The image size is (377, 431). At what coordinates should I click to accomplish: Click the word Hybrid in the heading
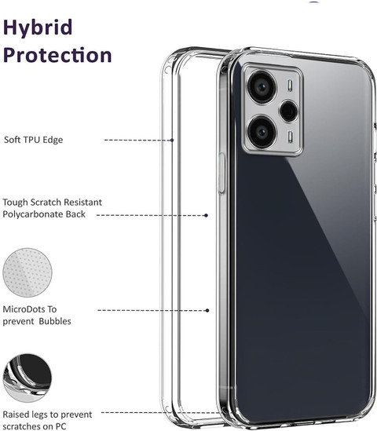tap(38, 28)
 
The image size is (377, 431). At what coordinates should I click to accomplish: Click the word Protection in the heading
tap(57, 55)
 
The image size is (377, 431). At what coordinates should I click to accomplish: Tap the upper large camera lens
tap(262, 87)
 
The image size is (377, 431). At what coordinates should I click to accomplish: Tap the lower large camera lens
tap(262, 132)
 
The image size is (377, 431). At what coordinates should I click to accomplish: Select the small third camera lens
tap(289, 111)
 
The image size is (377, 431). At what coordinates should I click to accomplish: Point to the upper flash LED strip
tap(290, 86)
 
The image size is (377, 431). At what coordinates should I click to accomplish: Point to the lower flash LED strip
tap(290, 137)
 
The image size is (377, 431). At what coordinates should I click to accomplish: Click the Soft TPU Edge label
tap(33, 140)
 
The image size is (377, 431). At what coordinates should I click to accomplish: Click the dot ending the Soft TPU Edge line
tap(172, 141)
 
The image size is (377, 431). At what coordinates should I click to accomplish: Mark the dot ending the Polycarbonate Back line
tap(206, 215)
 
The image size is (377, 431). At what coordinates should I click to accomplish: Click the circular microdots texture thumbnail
tap(27, 272)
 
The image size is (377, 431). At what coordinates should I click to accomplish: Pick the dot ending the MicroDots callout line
tap(207, 310)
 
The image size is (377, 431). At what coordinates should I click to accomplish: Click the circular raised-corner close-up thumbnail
tap(27, 378)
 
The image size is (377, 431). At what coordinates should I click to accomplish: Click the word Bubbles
tap(55, 321)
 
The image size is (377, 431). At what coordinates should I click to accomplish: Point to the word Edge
tap(53, 141)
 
